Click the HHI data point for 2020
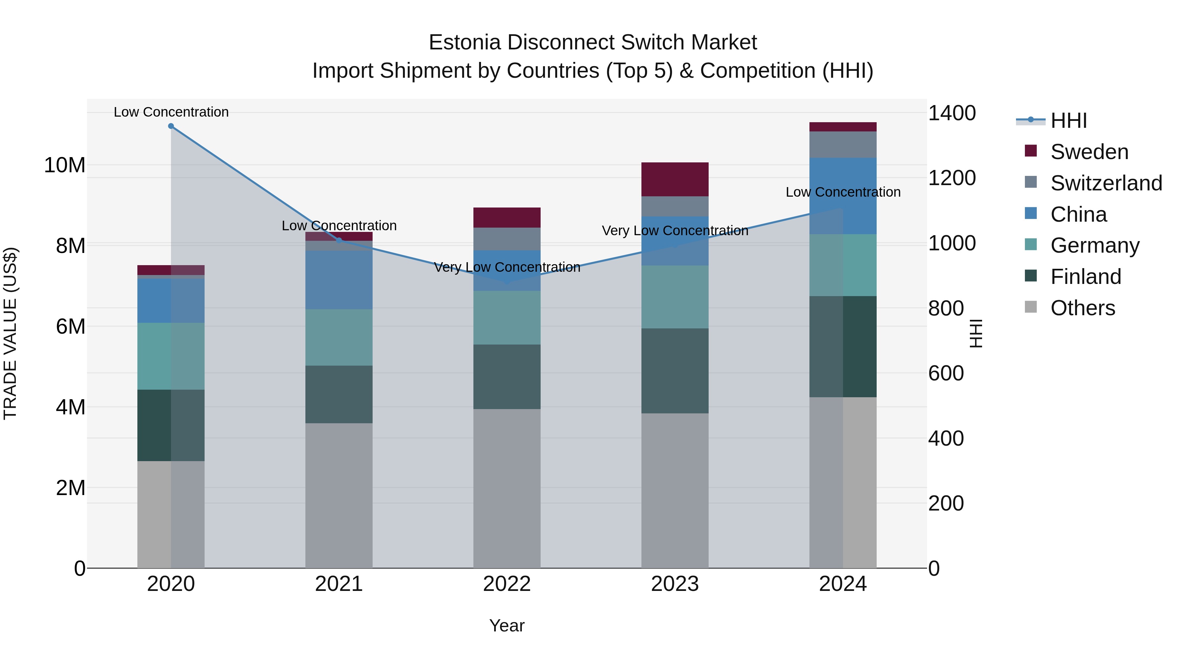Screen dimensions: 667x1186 (x=171, y=126)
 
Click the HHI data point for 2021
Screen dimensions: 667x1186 (x=339, y=240)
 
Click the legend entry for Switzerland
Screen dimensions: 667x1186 (x=1106, y=183)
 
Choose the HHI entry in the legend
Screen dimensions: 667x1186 (x=1068, y=121)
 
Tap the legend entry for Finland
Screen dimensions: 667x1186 (x=1085, y=277)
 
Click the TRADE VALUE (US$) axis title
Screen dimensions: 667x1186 (x=10, y=333)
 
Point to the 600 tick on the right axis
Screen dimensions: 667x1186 (x=946, y=373)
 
